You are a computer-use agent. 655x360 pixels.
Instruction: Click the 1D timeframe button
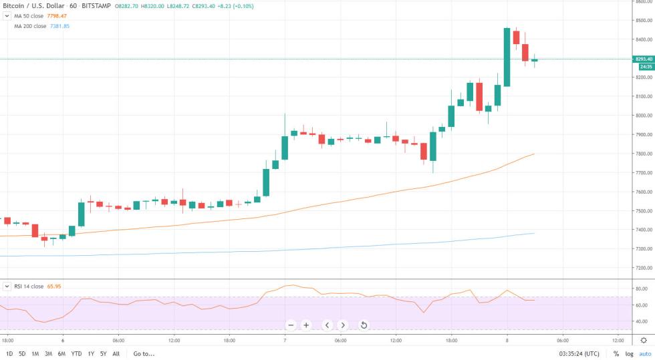(x=9, y=353)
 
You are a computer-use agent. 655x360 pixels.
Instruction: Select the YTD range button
(x=76, y=353)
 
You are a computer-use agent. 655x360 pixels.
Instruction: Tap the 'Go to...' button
(x=144, y=353)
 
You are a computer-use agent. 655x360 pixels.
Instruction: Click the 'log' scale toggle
(x=629, y=353)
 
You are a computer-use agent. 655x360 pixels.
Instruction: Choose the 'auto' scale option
(x=645, y=353)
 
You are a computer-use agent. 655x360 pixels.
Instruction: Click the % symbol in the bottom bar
(x=616, y=353)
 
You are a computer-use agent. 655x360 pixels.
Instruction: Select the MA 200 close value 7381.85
(x=59, y=26)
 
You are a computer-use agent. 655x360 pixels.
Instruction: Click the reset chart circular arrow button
(x=364, y=325)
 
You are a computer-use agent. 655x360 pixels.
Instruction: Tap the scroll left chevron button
(x=327, y=325)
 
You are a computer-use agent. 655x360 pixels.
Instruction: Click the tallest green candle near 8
(x=507, y=57)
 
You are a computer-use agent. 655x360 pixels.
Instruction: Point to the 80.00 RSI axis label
(x=642, y=289)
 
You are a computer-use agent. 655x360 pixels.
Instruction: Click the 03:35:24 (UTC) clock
(x=581, y=353)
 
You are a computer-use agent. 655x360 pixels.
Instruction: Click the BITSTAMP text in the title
(x=94, y=5)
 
